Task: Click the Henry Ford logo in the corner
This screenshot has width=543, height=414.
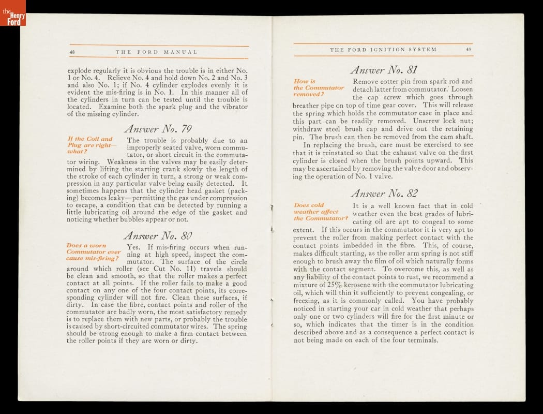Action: (x=12, y=13)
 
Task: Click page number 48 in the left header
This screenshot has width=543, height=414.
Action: (x=73, y=52)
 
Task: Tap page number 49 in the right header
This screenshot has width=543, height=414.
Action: (x=469, y=50)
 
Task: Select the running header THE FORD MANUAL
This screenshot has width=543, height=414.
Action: (x=156, y=52)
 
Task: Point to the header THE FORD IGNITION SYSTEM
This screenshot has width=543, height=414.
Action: (x=383, y=50)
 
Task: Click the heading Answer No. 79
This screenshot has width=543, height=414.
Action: (x=158, y=128)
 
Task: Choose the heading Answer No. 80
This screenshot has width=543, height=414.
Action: (x=158, y=235)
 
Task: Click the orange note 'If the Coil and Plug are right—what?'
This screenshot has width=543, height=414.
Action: (x=90, y=145)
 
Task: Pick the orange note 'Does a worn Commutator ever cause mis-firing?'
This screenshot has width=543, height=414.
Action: (x=94, y=252)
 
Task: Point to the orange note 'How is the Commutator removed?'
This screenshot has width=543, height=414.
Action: (x=319, y=87)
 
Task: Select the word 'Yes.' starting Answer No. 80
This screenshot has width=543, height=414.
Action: (x=133, y=247)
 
